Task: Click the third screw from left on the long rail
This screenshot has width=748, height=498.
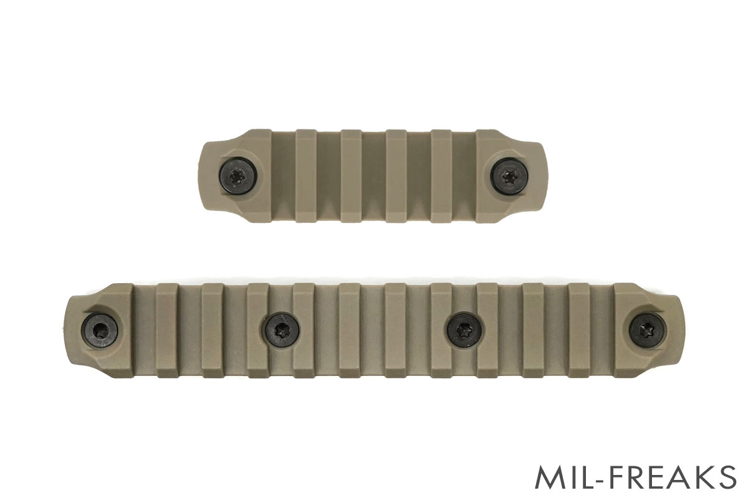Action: coord(464,329)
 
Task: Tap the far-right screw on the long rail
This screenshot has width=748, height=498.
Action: coord(648,332)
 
